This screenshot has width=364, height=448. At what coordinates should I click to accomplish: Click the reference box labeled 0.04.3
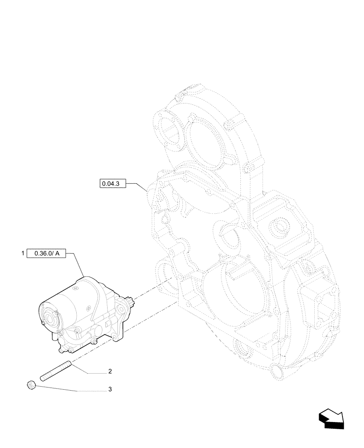click(113, 183)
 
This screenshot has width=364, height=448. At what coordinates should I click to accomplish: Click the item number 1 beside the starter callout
click(22, 254)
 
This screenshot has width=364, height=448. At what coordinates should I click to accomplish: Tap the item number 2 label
click(110, 371)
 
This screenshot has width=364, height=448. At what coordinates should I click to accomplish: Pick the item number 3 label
click(110, 390)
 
